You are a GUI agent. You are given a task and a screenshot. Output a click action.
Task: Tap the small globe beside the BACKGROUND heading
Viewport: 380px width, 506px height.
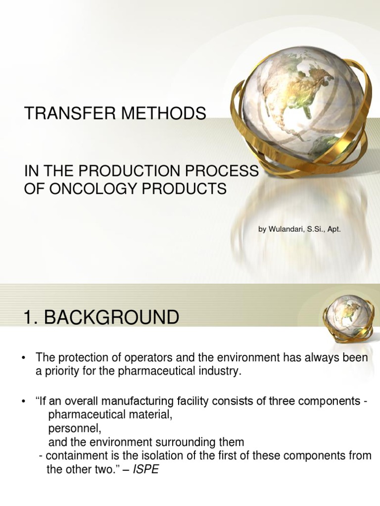click(344, 316)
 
